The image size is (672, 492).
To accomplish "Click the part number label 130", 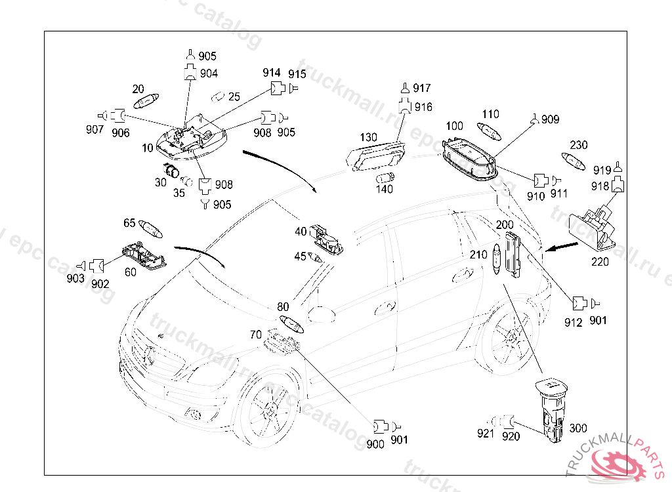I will [369, 138].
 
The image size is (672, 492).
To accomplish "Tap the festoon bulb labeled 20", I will [145, 102].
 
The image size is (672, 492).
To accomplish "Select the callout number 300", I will [578, 428].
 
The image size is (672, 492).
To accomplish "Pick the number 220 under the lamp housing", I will [600, 261].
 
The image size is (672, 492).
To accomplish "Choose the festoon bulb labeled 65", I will [152, 230].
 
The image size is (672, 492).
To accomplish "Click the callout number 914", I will [272, 73].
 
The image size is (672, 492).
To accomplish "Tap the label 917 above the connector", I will [422, 88].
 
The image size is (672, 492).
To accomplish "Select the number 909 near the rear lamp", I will [551, 119].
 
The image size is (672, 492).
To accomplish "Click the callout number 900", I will [376, 444].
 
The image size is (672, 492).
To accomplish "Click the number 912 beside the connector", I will [574, 322].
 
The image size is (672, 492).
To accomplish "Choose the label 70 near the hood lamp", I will [255, 335].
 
